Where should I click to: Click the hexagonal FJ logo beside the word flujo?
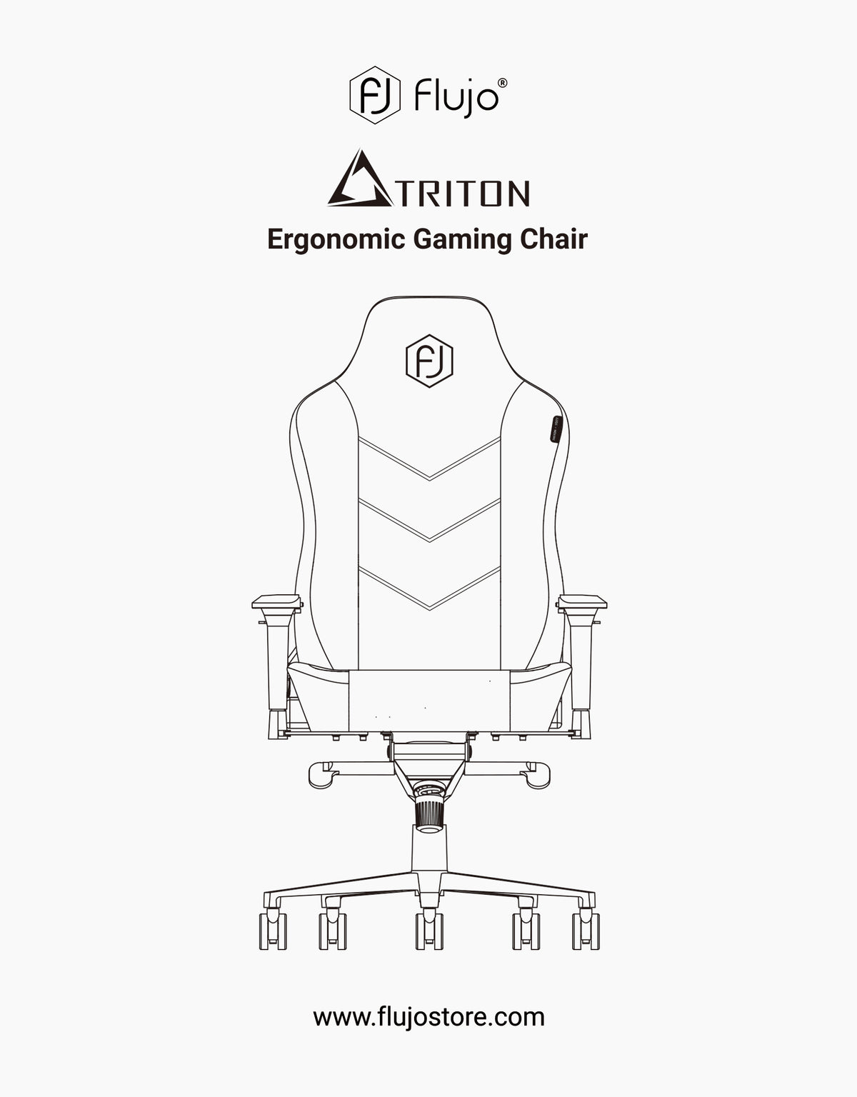point(375,95)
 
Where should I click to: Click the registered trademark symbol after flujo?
point(502,83)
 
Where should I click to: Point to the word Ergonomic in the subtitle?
point(336,239)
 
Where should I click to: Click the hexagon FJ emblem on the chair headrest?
point(429,361)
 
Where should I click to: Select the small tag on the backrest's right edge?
point(556,429)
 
